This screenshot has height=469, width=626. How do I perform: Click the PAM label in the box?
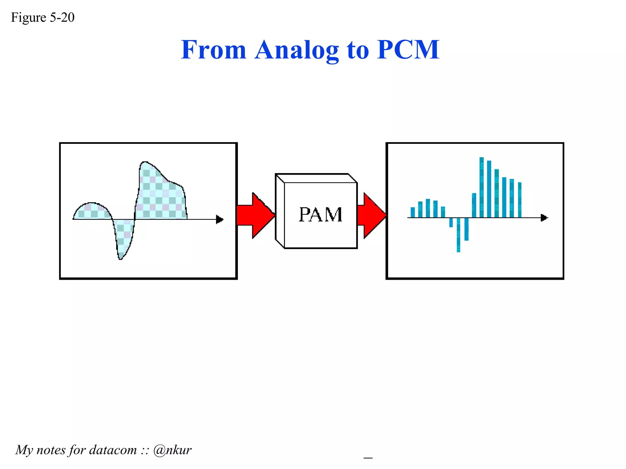(x=320, y=214)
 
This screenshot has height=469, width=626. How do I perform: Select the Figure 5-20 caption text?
(x=43, y=17)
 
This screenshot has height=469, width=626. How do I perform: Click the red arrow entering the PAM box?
(x=256, y=215)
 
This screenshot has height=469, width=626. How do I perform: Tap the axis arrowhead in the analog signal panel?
(x=220, y=219)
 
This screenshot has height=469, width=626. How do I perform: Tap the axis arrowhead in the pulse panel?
(x=544, y=218)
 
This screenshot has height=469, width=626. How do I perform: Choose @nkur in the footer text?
(x=172, y=450)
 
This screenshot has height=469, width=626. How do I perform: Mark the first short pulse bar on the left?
(x=413, y=212)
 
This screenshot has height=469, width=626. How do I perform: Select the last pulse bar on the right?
(x=520, y=200)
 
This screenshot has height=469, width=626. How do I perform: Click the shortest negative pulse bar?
(x=451, y=222)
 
